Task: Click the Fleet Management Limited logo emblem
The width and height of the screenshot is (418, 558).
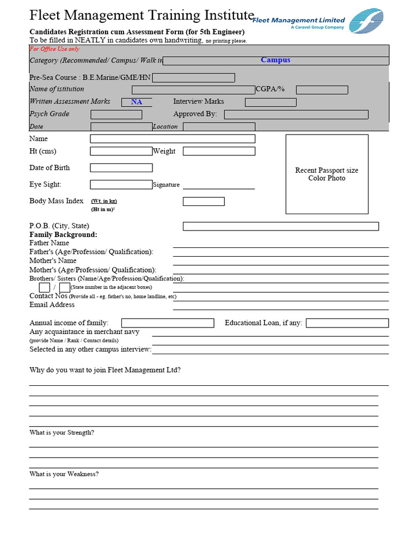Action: click(366, 21)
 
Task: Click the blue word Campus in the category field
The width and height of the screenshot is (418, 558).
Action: click(275, 60)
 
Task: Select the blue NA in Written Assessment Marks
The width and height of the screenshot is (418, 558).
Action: click(137, 102)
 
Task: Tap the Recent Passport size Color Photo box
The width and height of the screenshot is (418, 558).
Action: click(327, 174)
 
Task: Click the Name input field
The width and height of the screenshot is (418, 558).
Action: click(173, 139)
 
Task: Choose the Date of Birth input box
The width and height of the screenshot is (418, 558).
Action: click(121, 168)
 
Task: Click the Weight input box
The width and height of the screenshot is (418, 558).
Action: click(219, 151)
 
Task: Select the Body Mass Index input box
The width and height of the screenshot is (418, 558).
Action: click(204, 202)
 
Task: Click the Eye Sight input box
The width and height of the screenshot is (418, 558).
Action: click(121, 185)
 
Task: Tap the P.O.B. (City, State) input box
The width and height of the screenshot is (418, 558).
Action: click(280, 226)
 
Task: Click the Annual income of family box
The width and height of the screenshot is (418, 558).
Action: click(168, 323)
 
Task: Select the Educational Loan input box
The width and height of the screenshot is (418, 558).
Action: click(347, 323)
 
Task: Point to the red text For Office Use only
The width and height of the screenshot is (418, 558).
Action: click(54, 49)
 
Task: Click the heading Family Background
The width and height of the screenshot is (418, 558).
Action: click(63, 235)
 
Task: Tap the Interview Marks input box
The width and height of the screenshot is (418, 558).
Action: click(271, 102)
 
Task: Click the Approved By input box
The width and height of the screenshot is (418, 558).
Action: click(296, 114)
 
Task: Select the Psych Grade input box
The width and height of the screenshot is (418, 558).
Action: click(116, 114)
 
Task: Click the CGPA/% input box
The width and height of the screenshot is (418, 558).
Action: click(322, 90)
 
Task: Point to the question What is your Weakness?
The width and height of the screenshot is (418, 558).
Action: click(64, 474)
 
